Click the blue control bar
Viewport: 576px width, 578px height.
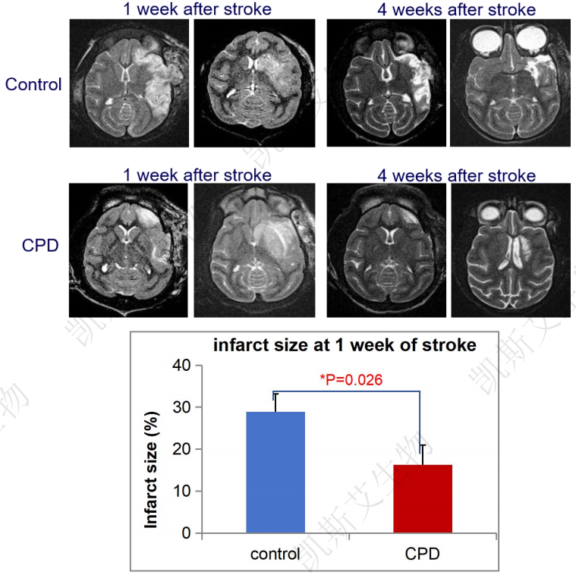(275, 472)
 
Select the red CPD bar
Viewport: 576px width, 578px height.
(423, 498)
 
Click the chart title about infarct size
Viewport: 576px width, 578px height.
(345, 346)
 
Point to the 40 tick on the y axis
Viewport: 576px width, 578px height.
(182, 366)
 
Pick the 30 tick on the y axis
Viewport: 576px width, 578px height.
(182, 407)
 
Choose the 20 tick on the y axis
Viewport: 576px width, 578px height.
(182, 449)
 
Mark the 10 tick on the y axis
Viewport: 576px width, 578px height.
(182, 491)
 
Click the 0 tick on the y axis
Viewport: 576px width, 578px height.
(186, 533)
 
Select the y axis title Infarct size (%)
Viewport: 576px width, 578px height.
(152, 470)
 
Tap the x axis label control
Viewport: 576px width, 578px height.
(275, 554)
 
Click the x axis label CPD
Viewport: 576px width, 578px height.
(423, 554)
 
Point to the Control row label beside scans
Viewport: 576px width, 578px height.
(33, 84)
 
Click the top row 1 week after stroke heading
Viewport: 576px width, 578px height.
(197, 9)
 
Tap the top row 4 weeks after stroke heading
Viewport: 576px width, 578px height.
(457, 10)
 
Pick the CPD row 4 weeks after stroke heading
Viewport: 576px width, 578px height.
(457, 176)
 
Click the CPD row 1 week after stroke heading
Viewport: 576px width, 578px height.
(197, 175)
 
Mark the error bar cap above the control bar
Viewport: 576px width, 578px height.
(275, 394)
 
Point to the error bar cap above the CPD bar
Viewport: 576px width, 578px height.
(423, 445)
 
